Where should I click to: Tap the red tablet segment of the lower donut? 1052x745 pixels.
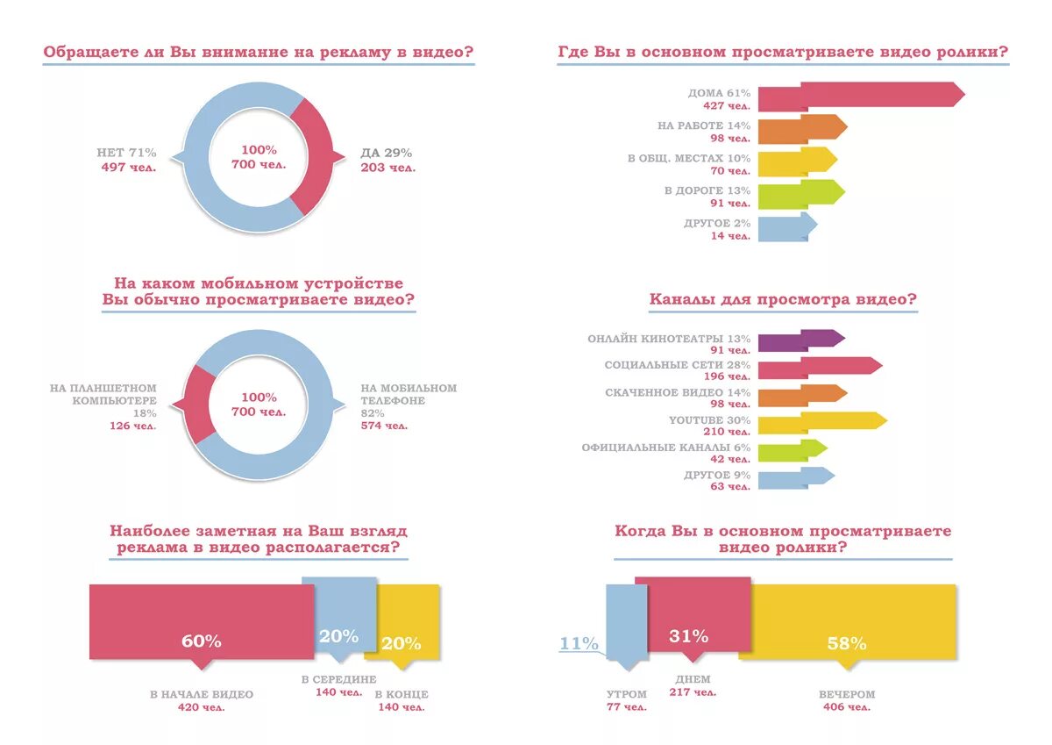tap(201, 404)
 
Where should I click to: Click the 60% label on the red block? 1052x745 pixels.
tap(195, 641)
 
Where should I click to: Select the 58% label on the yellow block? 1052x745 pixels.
tap(846, 643)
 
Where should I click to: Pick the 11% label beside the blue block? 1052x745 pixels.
tap(579, 643)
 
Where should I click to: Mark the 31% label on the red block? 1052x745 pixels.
tap(688, 636)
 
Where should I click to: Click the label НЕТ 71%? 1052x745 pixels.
tap(126, 153)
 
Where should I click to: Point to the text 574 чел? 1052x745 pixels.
tap(384, 426)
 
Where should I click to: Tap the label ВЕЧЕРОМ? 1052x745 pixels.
tap(847, 694)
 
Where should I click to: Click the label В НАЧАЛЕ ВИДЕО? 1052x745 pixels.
tap(201, 694)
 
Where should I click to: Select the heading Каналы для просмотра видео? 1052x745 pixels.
tap(783, 299)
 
